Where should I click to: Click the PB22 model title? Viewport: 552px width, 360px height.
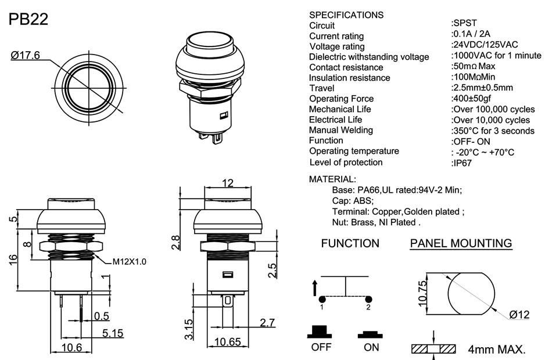click(x=28, y=20)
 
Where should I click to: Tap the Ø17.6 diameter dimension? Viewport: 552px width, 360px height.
click(x=25, y=56)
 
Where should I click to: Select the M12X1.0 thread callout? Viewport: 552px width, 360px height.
click(x=129, y=262)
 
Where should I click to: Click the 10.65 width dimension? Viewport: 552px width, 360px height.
click(x=228, y=342)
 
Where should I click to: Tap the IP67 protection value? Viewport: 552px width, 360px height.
click(x=463, y=163)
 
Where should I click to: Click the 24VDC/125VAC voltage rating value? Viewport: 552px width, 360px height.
click(x=485, y=45)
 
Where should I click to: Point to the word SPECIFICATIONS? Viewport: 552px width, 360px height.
click(x=346, y=15)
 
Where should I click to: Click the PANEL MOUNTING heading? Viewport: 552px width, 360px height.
click(x=461, y=243)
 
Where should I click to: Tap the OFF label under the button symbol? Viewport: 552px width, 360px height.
click(x=321, y=347)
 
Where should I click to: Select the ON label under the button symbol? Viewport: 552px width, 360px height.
click(x=371, y=347)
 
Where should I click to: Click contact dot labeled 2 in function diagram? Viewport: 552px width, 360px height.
click(x=368, y=300)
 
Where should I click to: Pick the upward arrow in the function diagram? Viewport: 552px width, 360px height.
click(x=315, y=287)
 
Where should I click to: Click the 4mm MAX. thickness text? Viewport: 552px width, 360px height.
click(x=497, y=350)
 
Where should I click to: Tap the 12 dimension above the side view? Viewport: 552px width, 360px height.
click(x=228, y=183)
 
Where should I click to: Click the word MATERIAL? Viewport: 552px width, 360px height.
click(x=332, y=179)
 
